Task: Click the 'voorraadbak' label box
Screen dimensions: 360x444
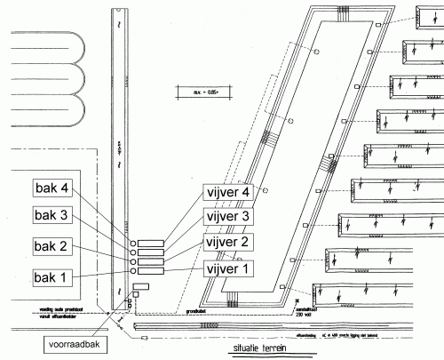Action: click(77, 342)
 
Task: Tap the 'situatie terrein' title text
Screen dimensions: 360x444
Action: click(256, 348)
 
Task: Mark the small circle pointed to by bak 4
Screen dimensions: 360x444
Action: click(132, 243)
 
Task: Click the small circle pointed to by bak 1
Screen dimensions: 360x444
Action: click(132, 271)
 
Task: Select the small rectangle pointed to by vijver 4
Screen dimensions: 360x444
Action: click(151, 243)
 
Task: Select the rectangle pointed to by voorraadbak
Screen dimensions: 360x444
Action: click(140, 288)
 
